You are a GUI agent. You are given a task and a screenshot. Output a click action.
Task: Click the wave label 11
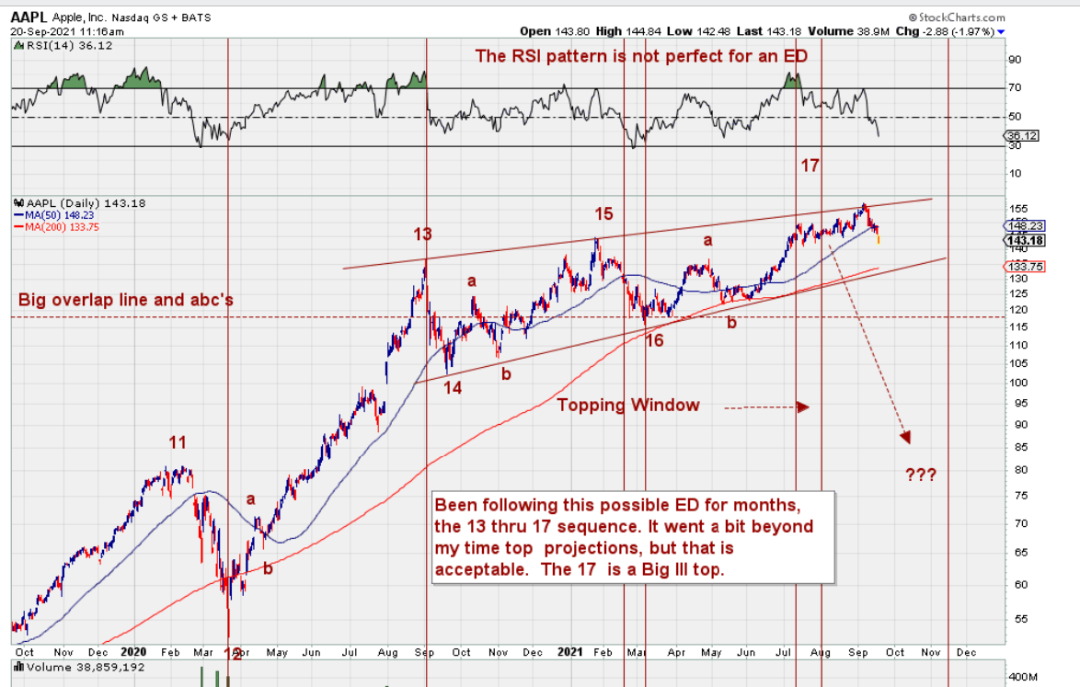point(178,442)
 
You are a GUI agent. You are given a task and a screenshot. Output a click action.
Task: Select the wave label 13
point(422,235)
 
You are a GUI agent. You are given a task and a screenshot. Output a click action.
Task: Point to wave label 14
point(453,387)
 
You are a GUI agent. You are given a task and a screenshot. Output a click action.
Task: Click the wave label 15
point(603,214)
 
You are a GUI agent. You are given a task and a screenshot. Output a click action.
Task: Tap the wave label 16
point(654,341)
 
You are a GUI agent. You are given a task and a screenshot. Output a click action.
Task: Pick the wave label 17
point(810,166)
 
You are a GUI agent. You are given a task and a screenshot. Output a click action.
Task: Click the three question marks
point(921,475)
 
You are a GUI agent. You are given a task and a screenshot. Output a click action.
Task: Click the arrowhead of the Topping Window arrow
point(803,406)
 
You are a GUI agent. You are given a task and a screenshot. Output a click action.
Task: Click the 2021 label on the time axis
point(570,652)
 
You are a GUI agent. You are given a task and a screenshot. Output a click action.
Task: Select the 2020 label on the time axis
point(134,652)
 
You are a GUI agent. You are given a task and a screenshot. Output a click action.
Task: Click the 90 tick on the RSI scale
point(1016,60)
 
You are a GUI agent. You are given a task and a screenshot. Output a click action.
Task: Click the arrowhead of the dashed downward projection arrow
point(906,438)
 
